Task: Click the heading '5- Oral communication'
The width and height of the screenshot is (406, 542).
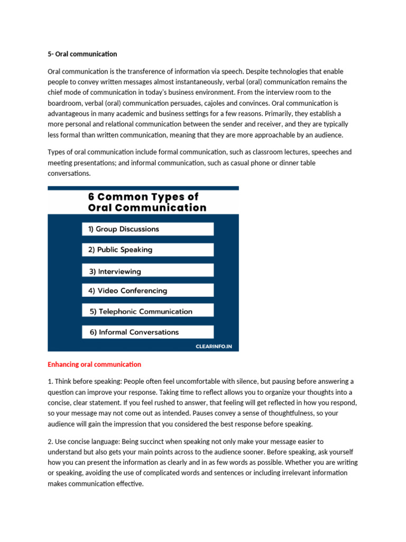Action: coord(82,54)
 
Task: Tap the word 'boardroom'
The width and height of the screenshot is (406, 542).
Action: coord(64,103)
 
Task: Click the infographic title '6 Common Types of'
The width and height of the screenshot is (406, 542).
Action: coord(143,196)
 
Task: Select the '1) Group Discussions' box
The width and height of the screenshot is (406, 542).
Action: coord(147,229)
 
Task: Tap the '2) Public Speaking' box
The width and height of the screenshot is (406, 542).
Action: coord(147,250)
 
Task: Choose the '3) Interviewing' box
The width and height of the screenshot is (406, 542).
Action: coord(147,270)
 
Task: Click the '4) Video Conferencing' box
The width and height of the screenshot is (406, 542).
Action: coord(147,291)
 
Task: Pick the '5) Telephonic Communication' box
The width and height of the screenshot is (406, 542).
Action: coord(147,311)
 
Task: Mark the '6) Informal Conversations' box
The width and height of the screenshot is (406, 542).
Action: coord(147,332)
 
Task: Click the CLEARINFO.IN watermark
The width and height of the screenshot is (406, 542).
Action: coord(214,347)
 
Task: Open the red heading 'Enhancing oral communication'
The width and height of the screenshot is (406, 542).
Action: coord(94,364)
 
